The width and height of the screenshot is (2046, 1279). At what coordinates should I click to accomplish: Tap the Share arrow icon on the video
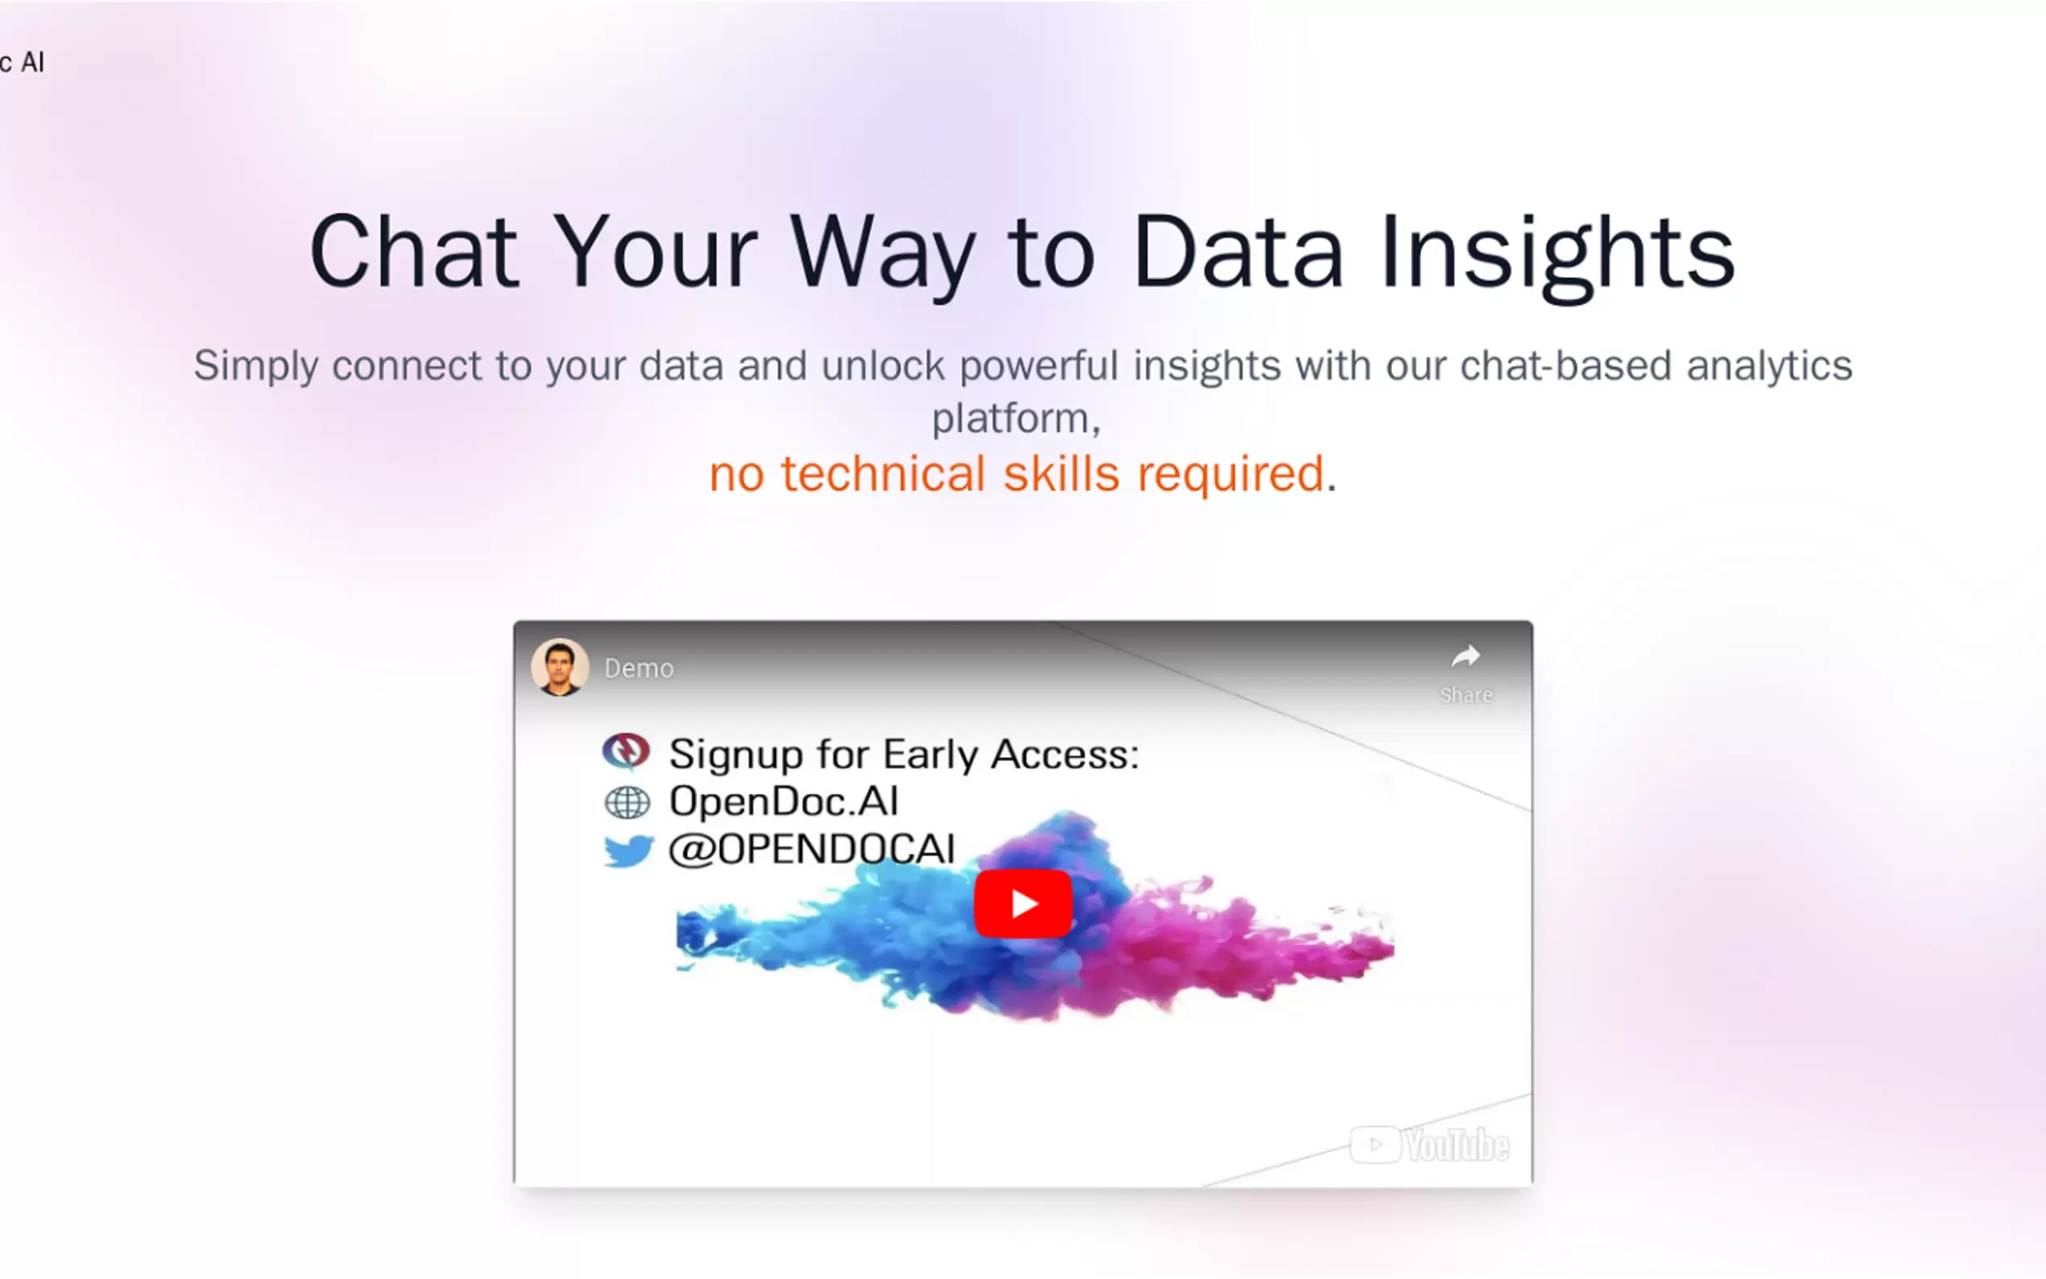[x=1465, y=656]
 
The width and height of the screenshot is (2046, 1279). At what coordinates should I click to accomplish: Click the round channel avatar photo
[x=559, y=668]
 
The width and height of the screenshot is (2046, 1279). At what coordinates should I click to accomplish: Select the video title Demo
[x=639, y=668]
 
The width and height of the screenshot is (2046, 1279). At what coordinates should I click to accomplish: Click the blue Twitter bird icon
[x=628, y=851]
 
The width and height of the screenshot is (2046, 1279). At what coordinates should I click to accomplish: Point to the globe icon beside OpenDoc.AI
[x=627, y=803]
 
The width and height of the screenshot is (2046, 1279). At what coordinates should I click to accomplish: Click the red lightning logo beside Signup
[x=626, y=751]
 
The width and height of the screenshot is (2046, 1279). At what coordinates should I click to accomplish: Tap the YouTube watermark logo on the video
[x=1430, y=1145]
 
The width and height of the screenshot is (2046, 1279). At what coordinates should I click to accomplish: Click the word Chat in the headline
[x=415, y=252]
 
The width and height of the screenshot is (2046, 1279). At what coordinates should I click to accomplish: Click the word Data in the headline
[x=1237, y=252]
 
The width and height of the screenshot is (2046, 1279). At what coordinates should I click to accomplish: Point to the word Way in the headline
[x=884, y=257]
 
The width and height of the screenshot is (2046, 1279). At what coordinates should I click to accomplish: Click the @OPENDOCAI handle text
[x=812, y=849]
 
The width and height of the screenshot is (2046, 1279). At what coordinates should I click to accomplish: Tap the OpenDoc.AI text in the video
[x=783, y=801]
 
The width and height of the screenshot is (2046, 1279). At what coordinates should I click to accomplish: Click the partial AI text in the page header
[x=32, y=62]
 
